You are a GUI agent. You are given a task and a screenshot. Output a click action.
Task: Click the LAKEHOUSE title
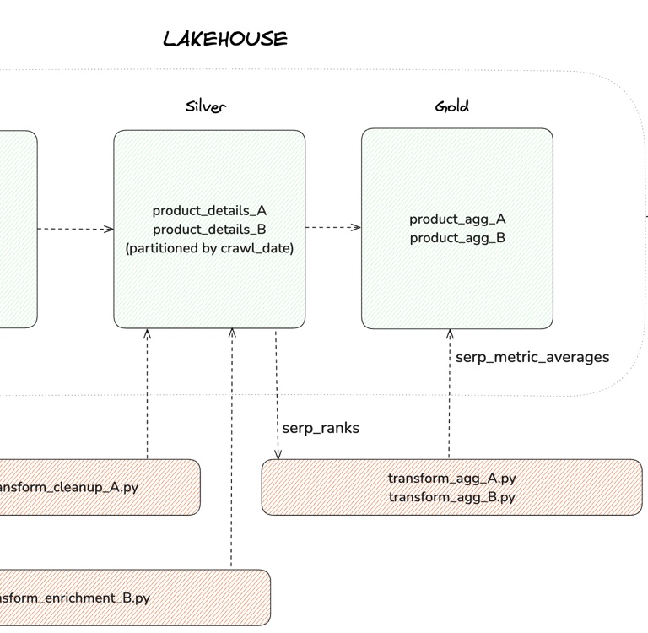pyautogui.click(x=225, y=39)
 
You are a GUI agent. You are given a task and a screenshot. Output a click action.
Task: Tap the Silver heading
pyautogui.click(x=206, y=106)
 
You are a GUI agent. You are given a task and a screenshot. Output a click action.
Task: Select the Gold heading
pyautogui.click(x=452, y=106)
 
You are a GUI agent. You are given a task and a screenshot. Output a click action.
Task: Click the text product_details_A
pyautogui.click(x=209, y=211)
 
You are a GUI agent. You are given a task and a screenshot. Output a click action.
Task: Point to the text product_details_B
pyautogui.click(x=209, y=230)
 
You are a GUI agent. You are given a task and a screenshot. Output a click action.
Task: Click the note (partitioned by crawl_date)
pyautogui.click(x=209, y=248)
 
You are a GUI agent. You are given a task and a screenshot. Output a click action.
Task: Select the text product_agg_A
pyautogui.click(x=457, y=219)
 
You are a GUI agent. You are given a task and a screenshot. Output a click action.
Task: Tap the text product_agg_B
pyautogui.click(x=457, y=238)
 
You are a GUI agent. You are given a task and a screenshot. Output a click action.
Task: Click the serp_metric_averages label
pyautogui.click(x=532, y=357)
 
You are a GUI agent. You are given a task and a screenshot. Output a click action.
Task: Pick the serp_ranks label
pyautogui.click(x=321, y=428)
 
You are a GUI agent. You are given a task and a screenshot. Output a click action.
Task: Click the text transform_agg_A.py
pyautogui.click(x=451, y=478)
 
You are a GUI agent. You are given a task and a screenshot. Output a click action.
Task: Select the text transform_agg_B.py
pyautogui.click(x=451, y=497)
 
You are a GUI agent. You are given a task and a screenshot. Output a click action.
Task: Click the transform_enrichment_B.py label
pyautogui.click(x=75, y=598)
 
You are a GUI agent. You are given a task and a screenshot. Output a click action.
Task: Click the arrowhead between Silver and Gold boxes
pyautogui.click(x=356, y=227)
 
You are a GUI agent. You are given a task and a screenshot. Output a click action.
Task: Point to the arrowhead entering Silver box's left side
pyautogui.click(x=108, y=229)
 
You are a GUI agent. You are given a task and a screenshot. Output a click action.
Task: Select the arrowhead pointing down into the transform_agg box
pyautogui.click(x=278, y=454)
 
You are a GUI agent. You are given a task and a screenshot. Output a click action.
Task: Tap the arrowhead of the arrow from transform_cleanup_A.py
pyautogui.click(x=148, y=334)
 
